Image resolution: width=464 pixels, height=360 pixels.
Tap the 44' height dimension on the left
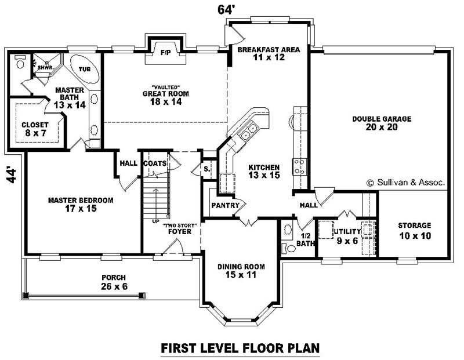coord(11,174)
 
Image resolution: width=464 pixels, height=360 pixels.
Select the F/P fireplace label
coord(165,53)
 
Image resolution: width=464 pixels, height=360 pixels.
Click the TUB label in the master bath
coord(85,68)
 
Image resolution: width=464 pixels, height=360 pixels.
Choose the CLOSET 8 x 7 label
coord(35,129)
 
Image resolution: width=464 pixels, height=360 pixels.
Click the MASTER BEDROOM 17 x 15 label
coord(81,204)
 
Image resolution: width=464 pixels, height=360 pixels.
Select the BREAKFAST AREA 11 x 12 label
coord(268,54)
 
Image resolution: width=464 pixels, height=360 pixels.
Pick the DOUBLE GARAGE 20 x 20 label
coord(382,123)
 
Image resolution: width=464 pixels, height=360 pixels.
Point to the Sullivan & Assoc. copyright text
coord(406,182)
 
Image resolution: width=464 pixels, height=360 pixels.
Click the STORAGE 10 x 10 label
coord(414,230)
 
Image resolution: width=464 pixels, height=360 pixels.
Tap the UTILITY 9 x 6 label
coord(347,235)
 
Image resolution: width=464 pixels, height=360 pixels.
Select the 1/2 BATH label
coord(305,239)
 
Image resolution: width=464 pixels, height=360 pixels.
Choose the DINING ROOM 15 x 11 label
coord(241,271)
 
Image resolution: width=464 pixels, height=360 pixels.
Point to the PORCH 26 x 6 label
coord(113,282)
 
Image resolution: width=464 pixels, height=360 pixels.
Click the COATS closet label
coord(155,163)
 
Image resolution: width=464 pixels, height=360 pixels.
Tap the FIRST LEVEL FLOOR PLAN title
coord(240,348)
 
